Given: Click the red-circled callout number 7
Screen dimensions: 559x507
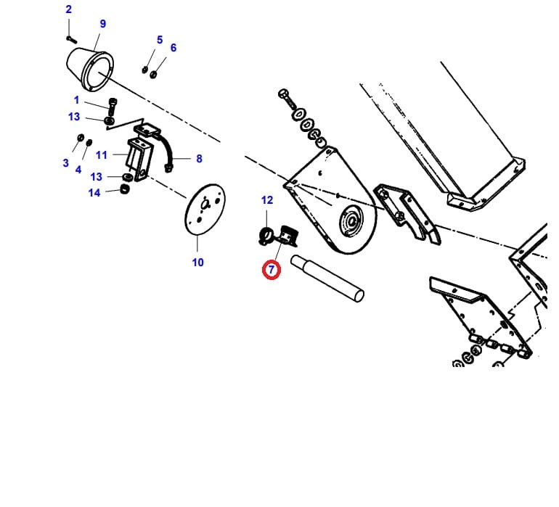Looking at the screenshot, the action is pyautogui.click(x=272, y=270).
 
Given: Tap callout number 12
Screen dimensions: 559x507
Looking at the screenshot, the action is pyautogui.click(x=267, y=200).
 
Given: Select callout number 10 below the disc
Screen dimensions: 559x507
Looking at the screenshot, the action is pyautogui.click(x=198, y=263).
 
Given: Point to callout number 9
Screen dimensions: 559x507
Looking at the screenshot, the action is pyautogui.click(x=102, y=23).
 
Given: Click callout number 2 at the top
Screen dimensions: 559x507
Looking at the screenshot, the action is pyautogui.click(x=68, y=9).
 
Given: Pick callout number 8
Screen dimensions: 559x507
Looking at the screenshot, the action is pyautogui.click(x=199, y=159).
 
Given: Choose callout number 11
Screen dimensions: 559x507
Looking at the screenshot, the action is pyautogui.click(x=101, y=155).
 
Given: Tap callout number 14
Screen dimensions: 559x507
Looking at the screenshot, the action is pyautogui.click(x=94, y=193).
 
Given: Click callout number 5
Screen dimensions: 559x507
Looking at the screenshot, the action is pyautogui.click(x=160, y=40).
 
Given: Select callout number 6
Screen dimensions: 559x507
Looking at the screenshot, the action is pyautogui.click(x=174, y=47).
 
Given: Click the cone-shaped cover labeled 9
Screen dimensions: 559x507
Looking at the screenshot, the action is pyautogui.click(x=90, y=70).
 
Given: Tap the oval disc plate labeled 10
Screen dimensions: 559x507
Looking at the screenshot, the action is pyautogui.click(x=205, y=210).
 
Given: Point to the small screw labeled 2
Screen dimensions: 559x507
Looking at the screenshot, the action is pyautogui.click(x=72, y=40).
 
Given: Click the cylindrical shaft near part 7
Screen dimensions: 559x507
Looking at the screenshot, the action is pyautogui.click(x=327, y=279).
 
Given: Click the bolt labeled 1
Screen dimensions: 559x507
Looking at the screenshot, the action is pyautogui.click(x=112, y=106).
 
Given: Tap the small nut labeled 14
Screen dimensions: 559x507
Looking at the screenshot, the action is pyautogui.click(x=124, y=189).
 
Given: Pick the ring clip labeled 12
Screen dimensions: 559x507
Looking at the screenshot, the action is pyautogui.click(x=266, y=235).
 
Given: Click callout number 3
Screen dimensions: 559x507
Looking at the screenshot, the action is pyautogui.click(x=65, y=162).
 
